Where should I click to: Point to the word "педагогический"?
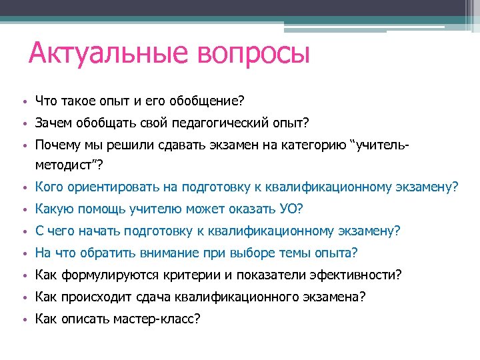pos(216,123)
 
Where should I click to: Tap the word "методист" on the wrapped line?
pos(61,163)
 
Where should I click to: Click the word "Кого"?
pos(49,188)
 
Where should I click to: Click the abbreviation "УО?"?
pos(292,209)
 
